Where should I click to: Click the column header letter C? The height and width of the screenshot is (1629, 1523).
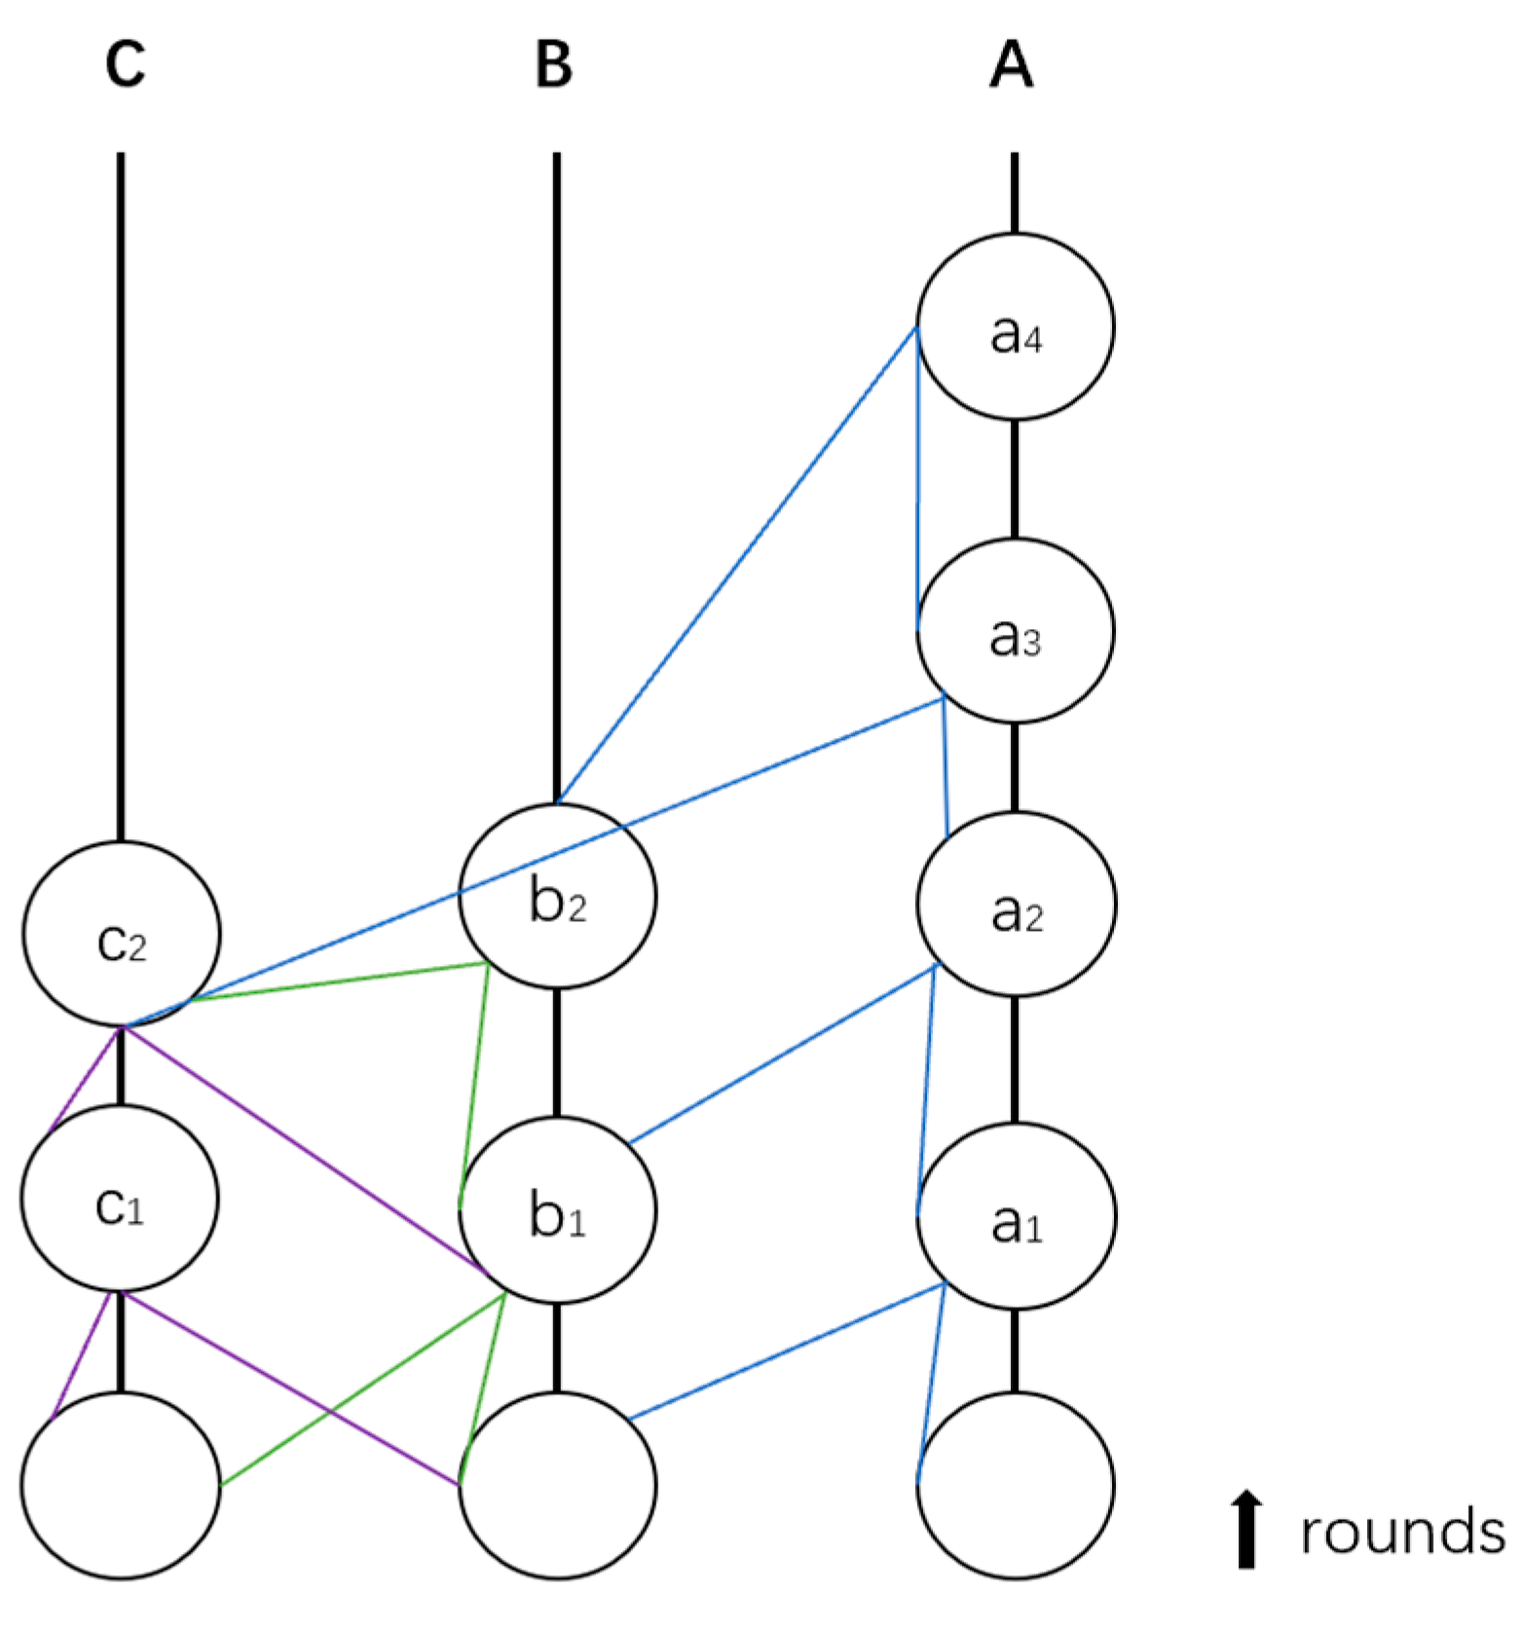pyautogui.click(x=126, y=65)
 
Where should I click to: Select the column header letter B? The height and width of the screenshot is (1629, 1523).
pyautogui.click(x=554, y=65)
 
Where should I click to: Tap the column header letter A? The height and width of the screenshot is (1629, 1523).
pyautogui.click(x=1011, y=65)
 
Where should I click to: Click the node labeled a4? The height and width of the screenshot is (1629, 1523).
pyautogui.click(x=1015, y=327)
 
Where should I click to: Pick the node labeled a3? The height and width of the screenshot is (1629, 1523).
pyautogui.click(x=1015, y=631)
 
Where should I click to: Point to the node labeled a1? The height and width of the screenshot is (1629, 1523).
pyautogui.click(x=1015, y=1217)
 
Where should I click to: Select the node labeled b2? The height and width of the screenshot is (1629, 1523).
pyautogui.click(x=557, y=896)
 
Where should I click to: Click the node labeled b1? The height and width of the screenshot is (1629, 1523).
pyautogui.click(x=557, y=1209)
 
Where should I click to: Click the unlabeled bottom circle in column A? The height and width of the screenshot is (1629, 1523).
pyautogui.click(x=1015, y=1486)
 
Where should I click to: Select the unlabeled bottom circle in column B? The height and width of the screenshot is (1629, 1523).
pyautogui.click(x=557, y=1486)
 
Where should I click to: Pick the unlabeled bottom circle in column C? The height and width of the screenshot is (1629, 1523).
pyautogui.click(x=121, y=1486)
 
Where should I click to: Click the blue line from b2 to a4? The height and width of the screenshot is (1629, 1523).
pyautogui.click(x=737, y=565)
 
